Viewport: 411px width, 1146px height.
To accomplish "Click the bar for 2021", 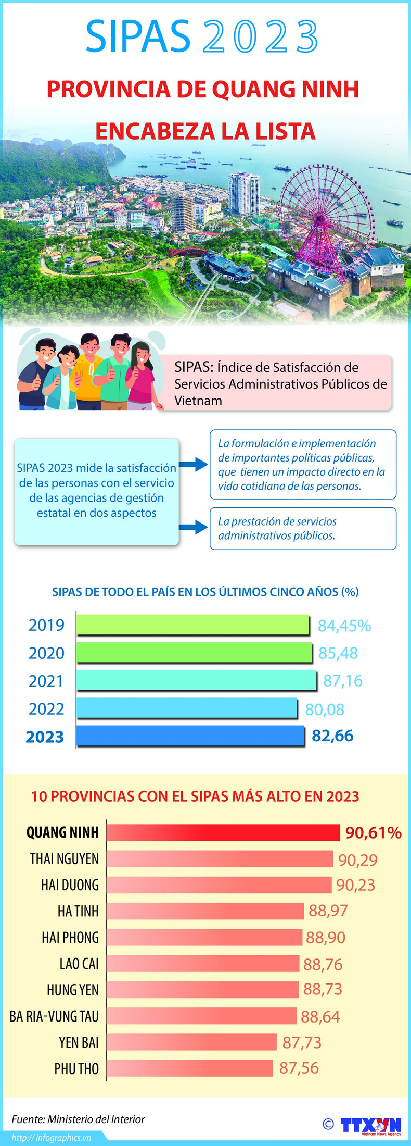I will point(196,680).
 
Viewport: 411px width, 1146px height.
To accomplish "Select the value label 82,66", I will point(332,736).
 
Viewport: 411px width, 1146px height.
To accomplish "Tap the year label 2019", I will point(46,625).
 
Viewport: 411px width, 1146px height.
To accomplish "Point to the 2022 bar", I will point(186,708).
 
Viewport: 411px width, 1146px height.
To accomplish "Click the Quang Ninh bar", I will point(223,832).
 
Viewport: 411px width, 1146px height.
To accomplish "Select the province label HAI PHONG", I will point(70,938).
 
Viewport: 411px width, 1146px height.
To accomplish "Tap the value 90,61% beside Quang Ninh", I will point(373,832).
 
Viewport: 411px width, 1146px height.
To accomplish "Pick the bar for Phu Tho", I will point(190,1068).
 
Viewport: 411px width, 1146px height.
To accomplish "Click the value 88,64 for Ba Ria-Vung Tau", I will point(320,1016).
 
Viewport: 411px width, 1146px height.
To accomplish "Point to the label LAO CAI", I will point(79,964).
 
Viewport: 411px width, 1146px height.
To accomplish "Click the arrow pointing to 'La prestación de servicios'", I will point(194,527).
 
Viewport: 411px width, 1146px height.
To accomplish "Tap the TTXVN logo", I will point(371,1125).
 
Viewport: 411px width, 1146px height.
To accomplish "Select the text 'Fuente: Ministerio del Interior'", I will point(78,1119).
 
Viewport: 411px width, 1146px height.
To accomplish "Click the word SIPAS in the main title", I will point(138,36).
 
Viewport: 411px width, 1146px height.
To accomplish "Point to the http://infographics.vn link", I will point(52,1138).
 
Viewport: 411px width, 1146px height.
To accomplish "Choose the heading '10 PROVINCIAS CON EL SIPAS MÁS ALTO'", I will point(195,796).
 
